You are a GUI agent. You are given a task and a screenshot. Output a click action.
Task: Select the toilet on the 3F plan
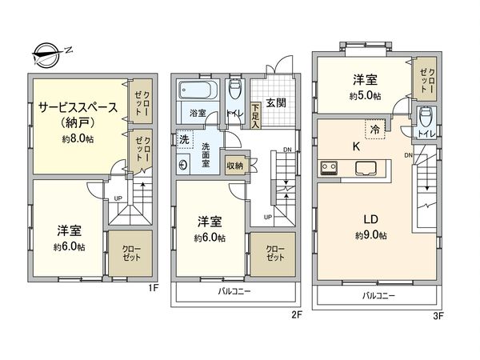(x=425, y=118)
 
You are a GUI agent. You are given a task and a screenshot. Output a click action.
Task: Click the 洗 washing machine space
(x=183, y=137)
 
